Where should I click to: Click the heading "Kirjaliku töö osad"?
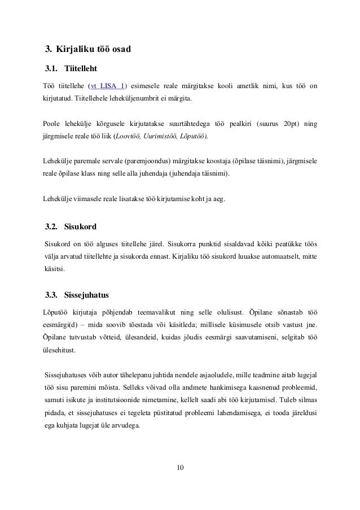93,50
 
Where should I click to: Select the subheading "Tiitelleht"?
81,69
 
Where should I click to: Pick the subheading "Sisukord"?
80,228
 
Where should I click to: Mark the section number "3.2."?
52,228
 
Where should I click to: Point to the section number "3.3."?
52,295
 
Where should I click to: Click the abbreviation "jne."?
310,324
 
